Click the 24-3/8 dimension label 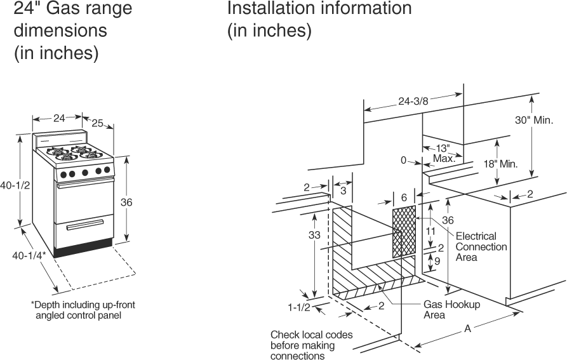pyautogui.click(x=413, y=100)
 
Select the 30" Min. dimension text pyautogui.click(x=534, y=121)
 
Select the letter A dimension pyautogui.click(x=468, y=328)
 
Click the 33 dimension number pyautogui.click(x=315, y=235)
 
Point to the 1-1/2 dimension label pyautogui.click(x=298, y=308)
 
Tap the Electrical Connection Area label pyautogui.click(x=481, y=246)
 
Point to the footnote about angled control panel pyautogui.click(x=83, y=310)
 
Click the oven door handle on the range pyautogui.click(x=84, y=185)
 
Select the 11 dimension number pyautogui.click(x=430, y=231)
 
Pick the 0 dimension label pyautogui.click(x=403, y=161)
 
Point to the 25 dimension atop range pyautogui.click(x=98, y=123)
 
